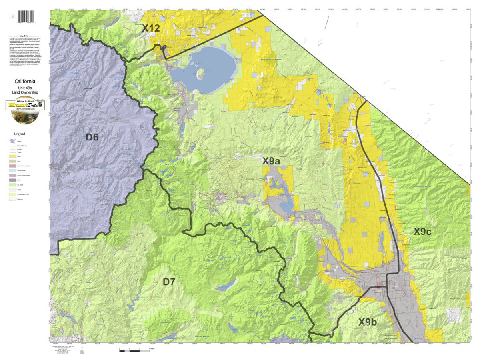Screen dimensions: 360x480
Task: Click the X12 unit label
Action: point(151,28)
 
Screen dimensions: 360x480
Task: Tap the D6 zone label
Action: point(92,137)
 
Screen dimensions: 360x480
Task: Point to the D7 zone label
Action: point(169,282)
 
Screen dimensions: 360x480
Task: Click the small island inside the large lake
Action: point(200,73)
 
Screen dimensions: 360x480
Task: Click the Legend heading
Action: point(19,134)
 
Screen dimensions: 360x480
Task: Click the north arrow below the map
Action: point(82,350)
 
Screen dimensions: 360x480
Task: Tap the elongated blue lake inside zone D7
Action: point(226,284)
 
